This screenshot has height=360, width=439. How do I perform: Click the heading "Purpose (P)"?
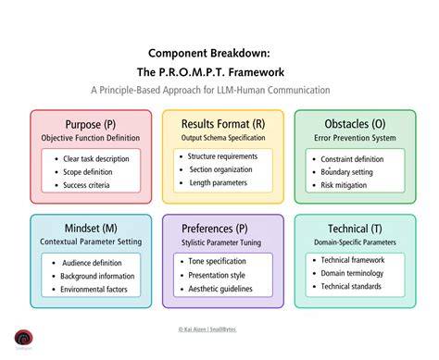coord(91,125)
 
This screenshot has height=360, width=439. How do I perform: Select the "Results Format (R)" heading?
coord(223,124)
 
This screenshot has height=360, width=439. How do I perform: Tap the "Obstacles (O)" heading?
coord(355,124)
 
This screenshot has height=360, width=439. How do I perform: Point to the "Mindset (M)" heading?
coord(91,229)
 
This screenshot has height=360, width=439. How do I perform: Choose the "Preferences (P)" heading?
coord(215,229)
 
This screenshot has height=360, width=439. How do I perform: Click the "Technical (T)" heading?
coord(355,229)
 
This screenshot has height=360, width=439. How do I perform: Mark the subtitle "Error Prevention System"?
coord(355,138)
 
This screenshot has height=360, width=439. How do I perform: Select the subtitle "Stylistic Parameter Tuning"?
coord(221,242)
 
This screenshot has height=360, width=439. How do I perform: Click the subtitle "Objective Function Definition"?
coord(91,138)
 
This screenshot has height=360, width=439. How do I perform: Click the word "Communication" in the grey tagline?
coord(298,90)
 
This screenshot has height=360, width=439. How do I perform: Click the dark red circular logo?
coord(23,338)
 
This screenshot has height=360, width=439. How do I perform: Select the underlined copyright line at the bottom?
coord(207,329)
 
